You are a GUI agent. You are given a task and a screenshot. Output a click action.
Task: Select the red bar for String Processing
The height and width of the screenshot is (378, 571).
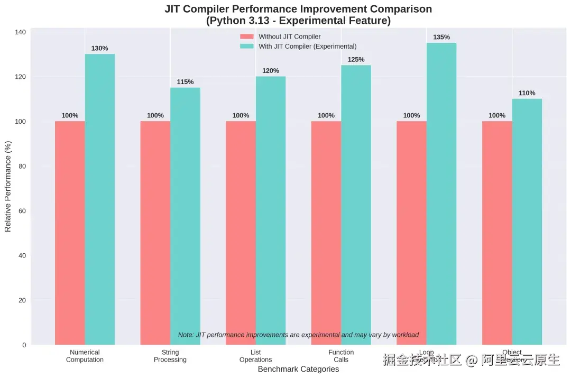[155, 233]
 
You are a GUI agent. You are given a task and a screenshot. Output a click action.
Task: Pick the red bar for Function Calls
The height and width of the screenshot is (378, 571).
[326, 233]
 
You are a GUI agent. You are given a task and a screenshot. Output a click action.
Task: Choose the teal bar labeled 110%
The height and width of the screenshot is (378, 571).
[527, 222]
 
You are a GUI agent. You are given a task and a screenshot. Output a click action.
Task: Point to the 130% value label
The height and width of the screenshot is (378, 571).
[99, 49]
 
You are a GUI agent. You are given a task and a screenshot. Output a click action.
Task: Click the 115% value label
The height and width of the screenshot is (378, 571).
[185, 82]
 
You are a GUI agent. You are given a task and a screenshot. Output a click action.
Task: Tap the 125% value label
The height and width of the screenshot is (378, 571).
[356, 60]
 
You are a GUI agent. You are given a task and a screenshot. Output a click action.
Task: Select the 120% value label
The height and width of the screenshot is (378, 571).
[271, 71]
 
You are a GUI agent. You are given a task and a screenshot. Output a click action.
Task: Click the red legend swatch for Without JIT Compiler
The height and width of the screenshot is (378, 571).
[247, 37]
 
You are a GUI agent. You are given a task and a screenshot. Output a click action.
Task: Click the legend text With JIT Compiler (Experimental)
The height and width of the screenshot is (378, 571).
[307, 47]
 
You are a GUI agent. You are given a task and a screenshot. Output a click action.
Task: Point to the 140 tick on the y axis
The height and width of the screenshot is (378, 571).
[21, 32]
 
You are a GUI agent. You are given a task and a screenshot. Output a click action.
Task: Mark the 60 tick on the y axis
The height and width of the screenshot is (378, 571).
[22, 211]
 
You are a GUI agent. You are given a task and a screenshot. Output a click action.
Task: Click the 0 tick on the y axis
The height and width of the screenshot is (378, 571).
[24, 345]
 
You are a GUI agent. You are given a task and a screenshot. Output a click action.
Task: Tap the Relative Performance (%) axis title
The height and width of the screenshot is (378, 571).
[8, 186]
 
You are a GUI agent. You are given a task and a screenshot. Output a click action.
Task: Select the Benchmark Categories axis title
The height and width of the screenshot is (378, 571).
[298, 369]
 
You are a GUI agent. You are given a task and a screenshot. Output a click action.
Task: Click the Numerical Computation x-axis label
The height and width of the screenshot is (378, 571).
[85, 356]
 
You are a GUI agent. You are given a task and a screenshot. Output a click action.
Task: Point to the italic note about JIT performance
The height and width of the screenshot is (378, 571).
[298, 335]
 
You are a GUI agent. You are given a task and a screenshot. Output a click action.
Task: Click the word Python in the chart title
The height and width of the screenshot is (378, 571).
[229, 21]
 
